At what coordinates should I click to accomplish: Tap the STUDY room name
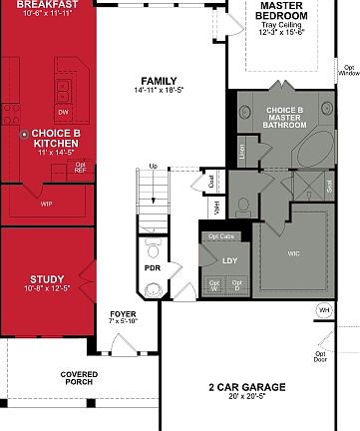[47, 279]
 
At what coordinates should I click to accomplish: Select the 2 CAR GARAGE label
[246, 387]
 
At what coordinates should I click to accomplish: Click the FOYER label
[122, 315]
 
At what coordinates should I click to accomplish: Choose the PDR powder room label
[152, 268]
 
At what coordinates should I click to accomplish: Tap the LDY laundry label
[229, 260]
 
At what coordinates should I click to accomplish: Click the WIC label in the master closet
[293, 254]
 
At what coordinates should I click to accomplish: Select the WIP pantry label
[47, 204]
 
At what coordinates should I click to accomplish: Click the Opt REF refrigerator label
[81, 167]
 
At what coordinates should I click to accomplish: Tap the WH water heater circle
[323, 310]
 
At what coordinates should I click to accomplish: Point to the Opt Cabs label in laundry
[221, 236]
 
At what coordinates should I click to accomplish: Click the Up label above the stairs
[153, 166]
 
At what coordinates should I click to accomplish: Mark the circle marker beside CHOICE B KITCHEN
[25, 133]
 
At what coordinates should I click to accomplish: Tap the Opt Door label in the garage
[321, 355]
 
